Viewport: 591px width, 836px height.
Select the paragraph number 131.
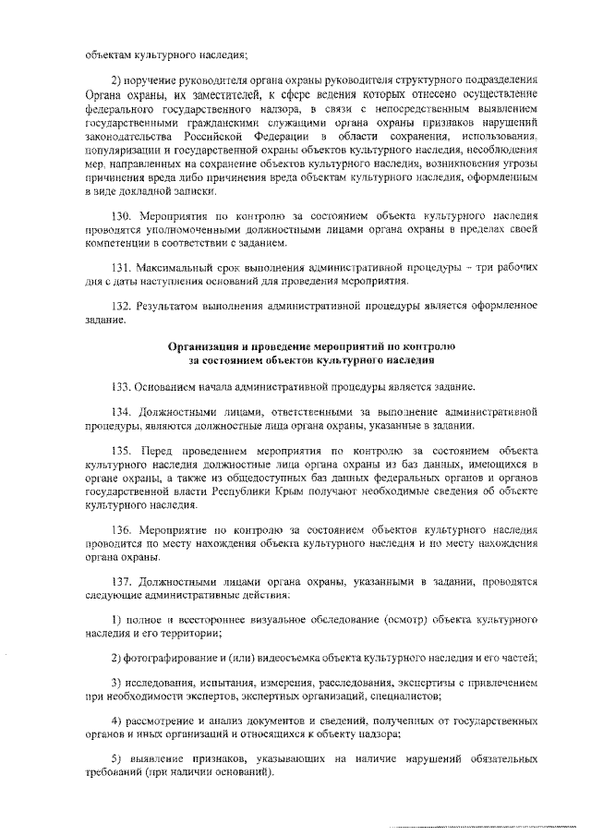coord(121,267)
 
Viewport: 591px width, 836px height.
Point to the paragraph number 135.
coord(121,450)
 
